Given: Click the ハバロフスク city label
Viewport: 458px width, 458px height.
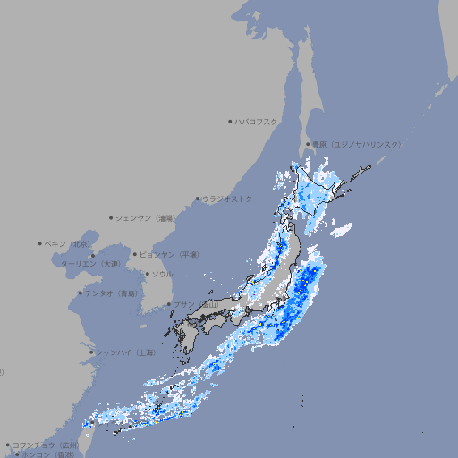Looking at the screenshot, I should click(257, 121).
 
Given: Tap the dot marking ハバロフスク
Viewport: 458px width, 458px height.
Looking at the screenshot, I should click(230, 121).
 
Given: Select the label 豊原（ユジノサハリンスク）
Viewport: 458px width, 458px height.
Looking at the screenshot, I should click(357, 144).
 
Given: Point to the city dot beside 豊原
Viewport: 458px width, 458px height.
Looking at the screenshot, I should click(308, 144).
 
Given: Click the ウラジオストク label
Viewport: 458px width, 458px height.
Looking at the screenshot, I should click(227, 199).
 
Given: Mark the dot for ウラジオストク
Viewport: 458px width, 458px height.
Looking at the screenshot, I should click(198, 199).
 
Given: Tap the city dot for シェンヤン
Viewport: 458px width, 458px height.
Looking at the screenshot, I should click(112, 217).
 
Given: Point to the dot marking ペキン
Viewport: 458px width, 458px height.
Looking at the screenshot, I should click(40, 243).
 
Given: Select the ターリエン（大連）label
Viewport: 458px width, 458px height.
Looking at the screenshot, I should click(90, 265).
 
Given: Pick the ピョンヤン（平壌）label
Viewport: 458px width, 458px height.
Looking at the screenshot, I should click(170, 255).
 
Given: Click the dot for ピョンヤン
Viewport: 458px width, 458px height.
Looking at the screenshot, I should click(135, 254).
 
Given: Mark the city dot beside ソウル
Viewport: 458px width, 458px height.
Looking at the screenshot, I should click(147, 274).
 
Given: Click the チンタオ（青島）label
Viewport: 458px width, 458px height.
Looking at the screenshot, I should click(112, 293).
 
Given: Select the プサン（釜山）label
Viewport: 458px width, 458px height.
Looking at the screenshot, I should click(196, 305).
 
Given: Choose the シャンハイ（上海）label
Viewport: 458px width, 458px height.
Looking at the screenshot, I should click(125, 352).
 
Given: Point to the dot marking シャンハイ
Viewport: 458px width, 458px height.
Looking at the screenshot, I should click(91, 352).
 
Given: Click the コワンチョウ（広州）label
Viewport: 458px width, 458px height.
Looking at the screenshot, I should click(46, 445).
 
